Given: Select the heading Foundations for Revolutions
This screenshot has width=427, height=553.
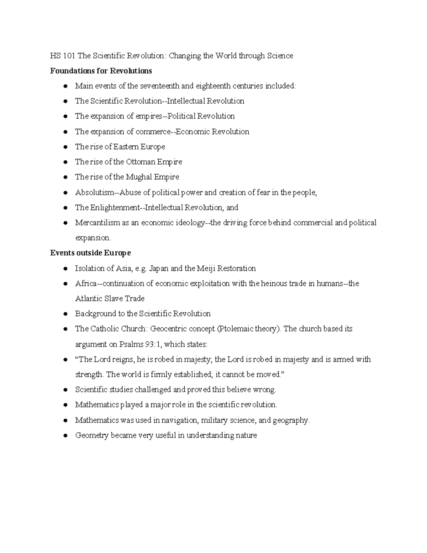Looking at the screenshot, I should click(x=101, y=71).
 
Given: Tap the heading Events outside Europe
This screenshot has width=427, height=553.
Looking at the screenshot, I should click(x=90, y=253).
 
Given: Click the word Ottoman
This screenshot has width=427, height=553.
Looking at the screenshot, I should click(x=141, y=162).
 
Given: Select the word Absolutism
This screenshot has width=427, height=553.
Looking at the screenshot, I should click(x=94, y=193).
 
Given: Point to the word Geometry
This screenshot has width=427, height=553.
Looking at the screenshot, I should click(x=91, y=435).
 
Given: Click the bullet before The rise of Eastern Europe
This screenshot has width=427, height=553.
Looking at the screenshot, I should click(x=65, y=147).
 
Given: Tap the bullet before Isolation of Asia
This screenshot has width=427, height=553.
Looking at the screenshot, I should click(x=65, y=269).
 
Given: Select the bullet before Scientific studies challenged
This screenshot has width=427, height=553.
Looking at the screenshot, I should click(x=65, y=390).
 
